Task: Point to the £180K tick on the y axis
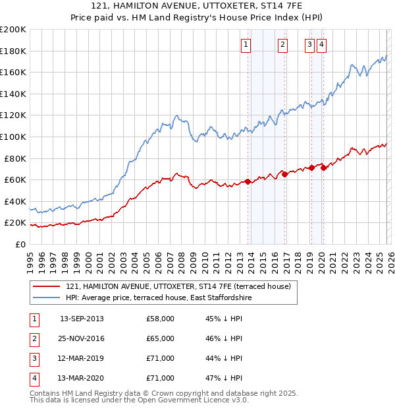(13, 51)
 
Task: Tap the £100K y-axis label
(13, 137)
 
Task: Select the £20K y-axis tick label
(15, 223)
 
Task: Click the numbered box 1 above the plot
(246, 45)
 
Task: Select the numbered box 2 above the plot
(282, 45)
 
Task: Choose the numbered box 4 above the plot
(321, 45)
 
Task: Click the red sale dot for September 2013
(248, 182)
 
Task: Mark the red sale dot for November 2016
(284, 174)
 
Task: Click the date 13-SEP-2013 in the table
(82, 319)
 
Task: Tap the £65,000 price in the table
(161, 339)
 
